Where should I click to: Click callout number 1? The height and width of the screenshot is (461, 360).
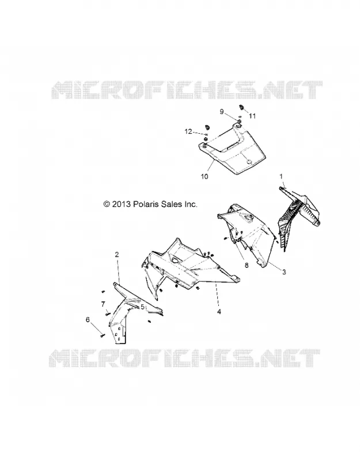[x=281, y=176]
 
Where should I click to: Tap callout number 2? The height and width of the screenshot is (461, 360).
[x=117, y=255]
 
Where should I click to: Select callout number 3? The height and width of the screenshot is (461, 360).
[x=284, y=272]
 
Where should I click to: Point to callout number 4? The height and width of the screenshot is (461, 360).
[x=219, y=312]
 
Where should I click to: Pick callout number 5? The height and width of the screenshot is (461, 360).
[x=142, y=307]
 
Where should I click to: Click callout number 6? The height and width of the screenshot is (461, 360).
[x=88, y=320]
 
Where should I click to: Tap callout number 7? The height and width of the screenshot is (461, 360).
[x=103, y=304]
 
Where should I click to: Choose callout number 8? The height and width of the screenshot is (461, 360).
[x=247, y=265]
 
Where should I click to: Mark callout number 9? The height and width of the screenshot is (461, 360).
[x=222, y=112]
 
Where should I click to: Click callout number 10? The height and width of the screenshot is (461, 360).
[x=204, y=176]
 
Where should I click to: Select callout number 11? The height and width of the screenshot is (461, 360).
[x=252, y=116]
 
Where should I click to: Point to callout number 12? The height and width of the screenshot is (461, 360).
[x=188, y=131]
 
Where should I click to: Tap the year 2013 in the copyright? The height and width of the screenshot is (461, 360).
[x=121, y=204]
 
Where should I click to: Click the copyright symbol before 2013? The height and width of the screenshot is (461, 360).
[x=107, y=204]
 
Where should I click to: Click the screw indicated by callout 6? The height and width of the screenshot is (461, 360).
[x=103, y=335]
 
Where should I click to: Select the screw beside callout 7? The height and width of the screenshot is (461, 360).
[x=107, y=313]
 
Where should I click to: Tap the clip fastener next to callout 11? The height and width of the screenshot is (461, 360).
[x=242, y=107]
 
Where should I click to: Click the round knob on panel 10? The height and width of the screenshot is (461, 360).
[x=249, y=162]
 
